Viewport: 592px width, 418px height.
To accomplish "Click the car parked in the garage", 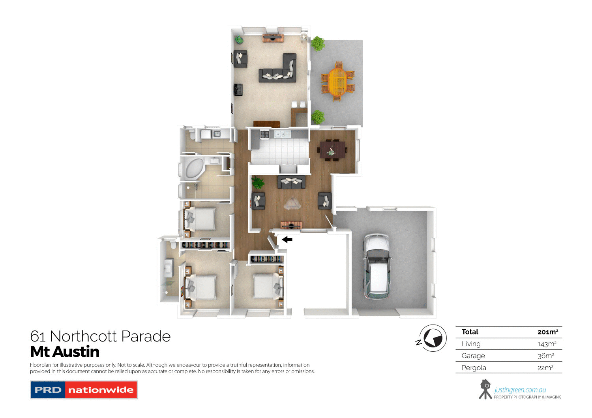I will coord(377,267).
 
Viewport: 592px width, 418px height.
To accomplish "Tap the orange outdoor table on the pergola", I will coord(337,82).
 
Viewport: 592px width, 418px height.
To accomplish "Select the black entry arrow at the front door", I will coord(287,239).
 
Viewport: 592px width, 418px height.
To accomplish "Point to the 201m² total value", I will coord(547,332).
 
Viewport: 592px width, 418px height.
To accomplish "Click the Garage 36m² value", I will coord(545,356).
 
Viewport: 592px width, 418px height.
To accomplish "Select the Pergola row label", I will coord(474,368).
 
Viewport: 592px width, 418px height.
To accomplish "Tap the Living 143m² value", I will coord(547,344).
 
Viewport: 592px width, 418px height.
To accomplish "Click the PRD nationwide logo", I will coord(84,390).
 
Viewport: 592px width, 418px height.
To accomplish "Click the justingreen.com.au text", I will coord(520,390).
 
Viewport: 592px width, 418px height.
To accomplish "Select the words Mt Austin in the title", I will coord(65,352).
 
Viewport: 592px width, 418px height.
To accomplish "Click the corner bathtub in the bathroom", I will coord(192,168).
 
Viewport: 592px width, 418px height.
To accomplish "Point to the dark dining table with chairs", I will coord(332,150).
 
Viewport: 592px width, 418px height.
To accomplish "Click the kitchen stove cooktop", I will coord(264,134).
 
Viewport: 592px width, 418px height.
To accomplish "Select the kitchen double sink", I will coord(283,134).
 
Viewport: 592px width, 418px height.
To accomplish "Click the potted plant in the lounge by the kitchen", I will coord(258,183).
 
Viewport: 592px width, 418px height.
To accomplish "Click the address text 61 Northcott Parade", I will coord(100,336).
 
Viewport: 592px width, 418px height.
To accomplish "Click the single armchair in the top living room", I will coord(240,59).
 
